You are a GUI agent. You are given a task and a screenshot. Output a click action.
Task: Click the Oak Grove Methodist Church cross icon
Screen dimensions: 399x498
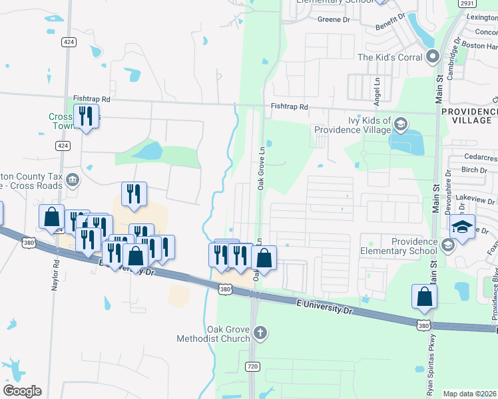point(260,331)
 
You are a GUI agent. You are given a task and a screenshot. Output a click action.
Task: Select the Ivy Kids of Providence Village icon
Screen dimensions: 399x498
point(401,123)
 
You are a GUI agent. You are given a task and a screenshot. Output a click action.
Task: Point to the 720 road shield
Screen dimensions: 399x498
point(252,366)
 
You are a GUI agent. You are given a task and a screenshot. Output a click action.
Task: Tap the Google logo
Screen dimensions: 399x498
point(22,391)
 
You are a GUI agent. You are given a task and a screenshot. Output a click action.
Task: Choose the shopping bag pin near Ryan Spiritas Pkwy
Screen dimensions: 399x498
point(424,297)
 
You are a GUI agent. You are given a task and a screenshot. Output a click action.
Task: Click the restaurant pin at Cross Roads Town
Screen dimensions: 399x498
point(86,116)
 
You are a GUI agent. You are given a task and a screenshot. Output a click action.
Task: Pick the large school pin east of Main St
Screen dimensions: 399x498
point(462,227)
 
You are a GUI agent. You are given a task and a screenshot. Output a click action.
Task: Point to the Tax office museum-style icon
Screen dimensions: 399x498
point(73,179)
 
